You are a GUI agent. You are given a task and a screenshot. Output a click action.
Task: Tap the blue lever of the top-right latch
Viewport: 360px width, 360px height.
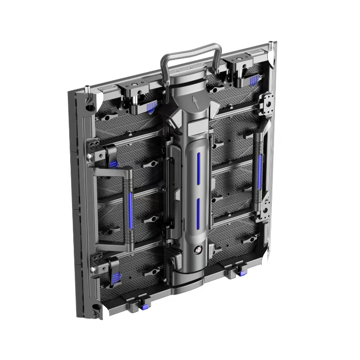click(253, 81)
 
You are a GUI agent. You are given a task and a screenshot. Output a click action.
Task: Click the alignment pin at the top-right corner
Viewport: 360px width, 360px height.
click(270, 45)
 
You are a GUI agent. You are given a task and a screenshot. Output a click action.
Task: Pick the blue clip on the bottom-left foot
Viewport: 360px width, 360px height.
click(145, 307)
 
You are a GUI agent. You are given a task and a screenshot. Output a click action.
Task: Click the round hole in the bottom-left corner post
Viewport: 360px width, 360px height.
click(96, 308)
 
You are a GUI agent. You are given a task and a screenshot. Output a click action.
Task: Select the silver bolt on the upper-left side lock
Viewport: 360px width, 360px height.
click(90, 156)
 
